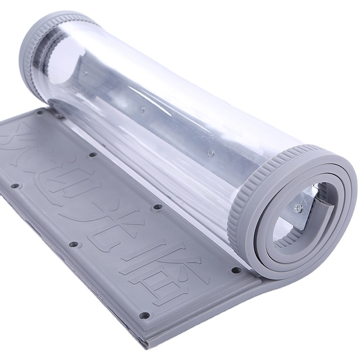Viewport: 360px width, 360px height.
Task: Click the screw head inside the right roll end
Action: (298, 209)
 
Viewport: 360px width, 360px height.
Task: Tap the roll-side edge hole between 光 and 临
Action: (158, 207)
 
